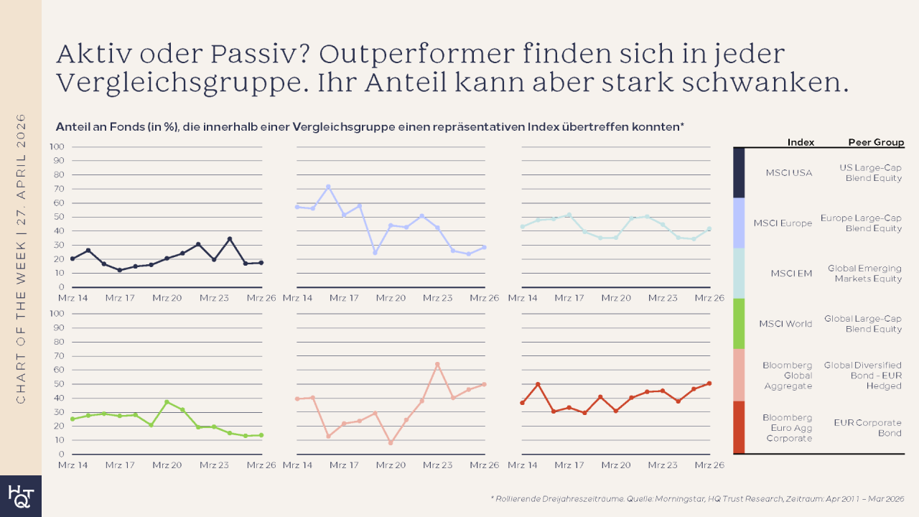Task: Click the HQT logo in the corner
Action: click(x=20, y=496)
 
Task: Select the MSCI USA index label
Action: click(x=789, y=173)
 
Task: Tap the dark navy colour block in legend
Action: click(x=739, y=172)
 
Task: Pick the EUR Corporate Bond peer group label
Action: click(x=868, y=428)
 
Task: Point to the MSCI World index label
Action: click(x=785, y=324)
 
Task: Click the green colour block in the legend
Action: click(x=739, y=323)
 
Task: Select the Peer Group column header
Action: click(x=876, y=142)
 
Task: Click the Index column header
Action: click(x=801, y=142)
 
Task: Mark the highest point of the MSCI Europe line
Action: click(x=328, y=187)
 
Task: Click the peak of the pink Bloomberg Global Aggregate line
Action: click(x=437, y=364)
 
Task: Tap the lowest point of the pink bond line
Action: click(x=391, y=443)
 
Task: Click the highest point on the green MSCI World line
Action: click(x=167, y=402)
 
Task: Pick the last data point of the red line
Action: click(x=709, y=383)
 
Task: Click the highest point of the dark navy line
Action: click(x=230, y=239)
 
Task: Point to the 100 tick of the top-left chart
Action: click(x=57, y=146)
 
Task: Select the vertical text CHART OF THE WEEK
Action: click(x=21, y=258)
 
